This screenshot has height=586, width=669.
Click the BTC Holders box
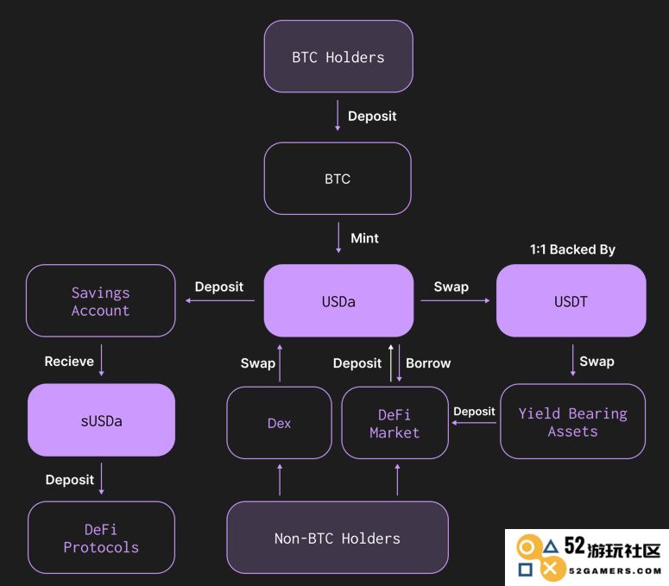pos(338,56)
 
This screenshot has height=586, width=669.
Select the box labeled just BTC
pos(338,179)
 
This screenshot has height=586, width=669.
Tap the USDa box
pos(338,300)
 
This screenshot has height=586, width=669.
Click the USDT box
pos(571,300)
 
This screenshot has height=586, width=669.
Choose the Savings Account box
pos(101,300)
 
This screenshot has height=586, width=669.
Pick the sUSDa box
pos(101,420)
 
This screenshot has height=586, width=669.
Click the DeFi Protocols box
pos(101,538)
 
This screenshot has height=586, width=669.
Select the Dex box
pos(279,423)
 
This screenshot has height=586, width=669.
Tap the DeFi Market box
pos(395,423)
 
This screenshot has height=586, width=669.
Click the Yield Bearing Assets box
pos(572,421)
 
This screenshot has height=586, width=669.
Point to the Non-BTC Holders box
pos(338,538)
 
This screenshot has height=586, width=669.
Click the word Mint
pos(364,238)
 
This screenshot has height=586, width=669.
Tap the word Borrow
pos(428,363)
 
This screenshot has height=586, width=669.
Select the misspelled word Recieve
pos(69,362)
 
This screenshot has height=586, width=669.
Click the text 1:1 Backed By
pos(572,249)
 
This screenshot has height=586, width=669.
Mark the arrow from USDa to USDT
pos(455,300)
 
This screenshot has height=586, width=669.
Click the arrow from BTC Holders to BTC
pos(338,116)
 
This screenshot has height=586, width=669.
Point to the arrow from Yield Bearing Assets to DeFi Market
pos(474,423)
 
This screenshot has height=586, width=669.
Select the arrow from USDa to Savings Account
pos(220,300)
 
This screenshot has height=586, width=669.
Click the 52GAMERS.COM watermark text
pos(615,571)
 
